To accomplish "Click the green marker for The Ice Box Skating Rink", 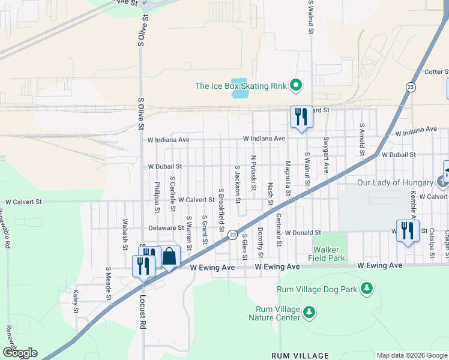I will pos(296,86).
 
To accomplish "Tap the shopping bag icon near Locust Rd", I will pos(170,257).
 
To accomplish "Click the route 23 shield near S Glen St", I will pos(231,234).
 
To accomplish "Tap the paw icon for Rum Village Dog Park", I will pos(366,289).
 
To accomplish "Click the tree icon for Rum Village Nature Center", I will pos(309,312).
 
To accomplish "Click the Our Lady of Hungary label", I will pos(395,182).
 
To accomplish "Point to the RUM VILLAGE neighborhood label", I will pos(300,355).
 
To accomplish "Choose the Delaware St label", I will pos(166,228).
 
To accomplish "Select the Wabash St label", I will pos(125,235).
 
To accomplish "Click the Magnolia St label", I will pos(288,178).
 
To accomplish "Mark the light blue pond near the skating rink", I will pos(238,88).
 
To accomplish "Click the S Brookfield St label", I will pos(221,210).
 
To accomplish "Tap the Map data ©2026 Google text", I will pos(412,355).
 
